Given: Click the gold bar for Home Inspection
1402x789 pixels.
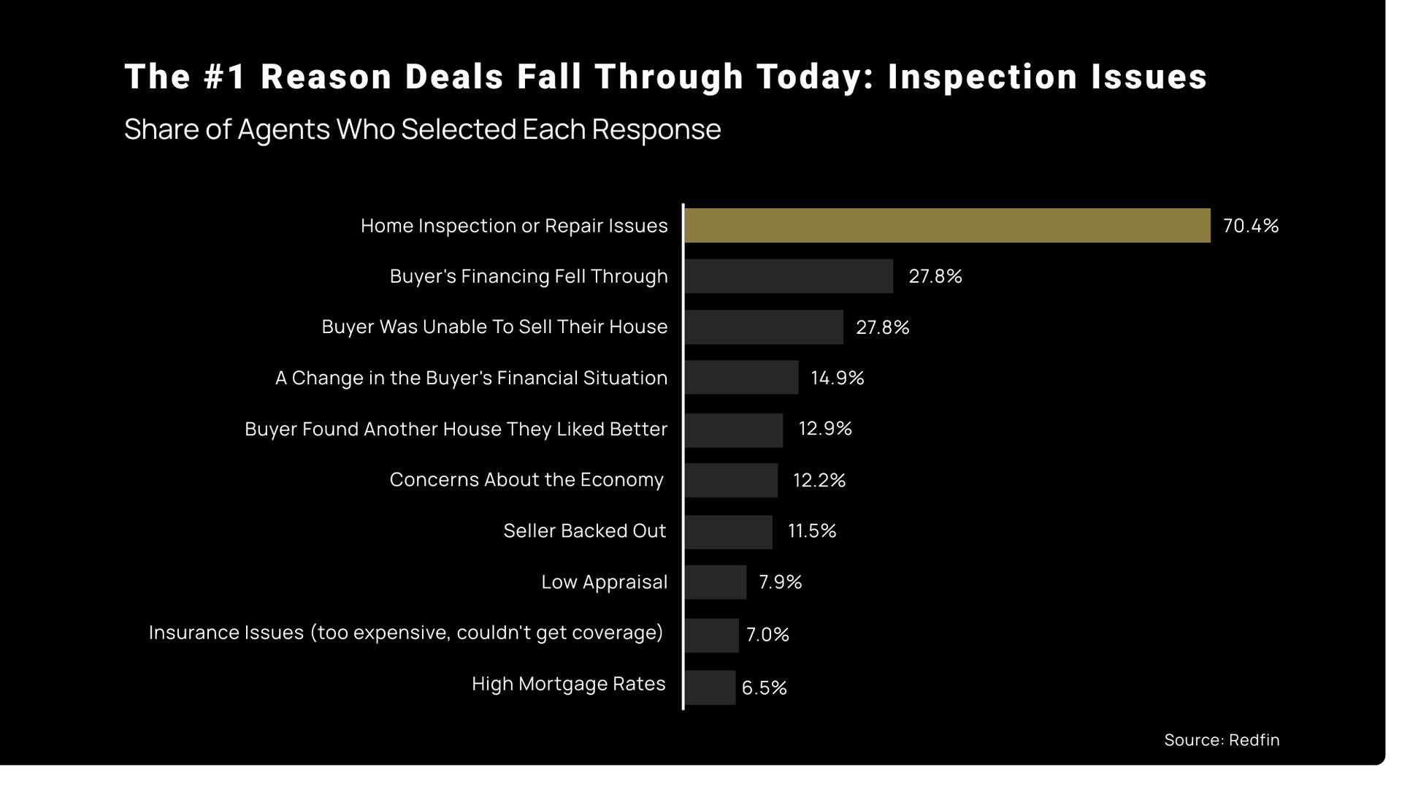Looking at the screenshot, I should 947,226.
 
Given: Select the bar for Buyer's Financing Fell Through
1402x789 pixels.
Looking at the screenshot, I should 789,276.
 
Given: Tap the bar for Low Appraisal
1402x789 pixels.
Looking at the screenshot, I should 716,582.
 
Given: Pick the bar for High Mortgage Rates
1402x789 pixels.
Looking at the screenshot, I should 710,687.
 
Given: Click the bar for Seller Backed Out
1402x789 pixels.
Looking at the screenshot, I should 728,532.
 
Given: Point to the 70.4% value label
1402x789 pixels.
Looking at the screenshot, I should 1250,226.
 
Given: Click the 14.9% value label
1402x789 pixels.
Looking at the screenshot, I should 837,378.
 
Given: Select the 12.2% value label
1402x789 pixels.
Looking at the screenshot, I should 819,480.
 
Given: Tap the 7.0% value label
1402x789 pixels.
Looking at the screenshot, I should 767,634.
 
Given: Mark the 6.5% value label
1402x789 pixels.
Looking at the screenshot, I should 764,687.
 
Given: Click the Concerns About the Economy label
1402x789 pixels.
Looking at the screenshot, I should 526,480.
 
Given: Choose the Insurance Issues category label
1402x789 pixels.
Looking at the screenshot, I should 406,633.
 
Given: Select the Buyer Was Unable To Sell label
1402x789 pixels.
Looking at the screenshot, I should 494,327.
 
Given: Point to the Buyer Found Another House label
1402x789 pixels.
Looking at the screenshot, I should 456,429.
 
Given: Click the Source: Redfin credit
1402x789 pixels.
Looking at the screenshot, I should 1221,740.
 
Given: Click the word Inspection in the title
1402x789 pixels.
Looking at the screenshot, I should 982,77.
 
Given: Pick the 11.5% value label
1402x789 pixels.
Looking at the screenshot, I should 811,531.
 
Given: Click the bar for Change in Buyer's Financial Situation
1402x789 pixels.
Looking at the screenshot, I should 741,378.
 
